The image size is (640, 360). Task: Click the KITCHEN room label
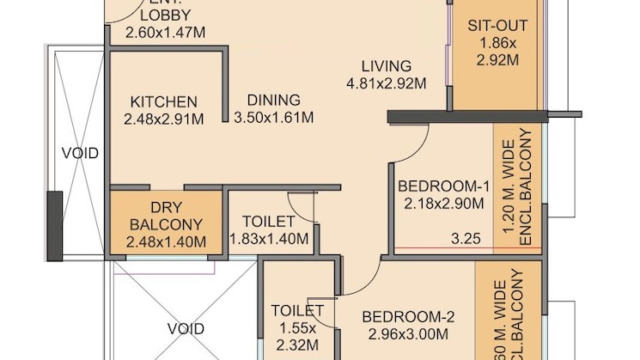click(164, 101)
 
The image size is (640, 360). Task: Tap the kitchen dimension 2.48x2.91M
click(164, 119)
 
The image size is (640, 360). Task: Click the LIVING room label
click(386, 66)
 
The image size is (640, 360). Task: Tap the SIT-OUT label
click(497, 25)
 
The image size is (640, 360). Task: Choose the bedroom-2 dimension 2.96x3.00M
click(408, 334)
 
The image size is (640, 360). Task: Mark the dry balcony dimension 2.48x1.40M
click(165, 242)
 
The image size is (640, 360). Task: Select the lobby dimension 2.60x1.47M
click(166, 34)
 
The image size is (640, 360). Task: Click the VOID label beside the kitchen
click(80, 154)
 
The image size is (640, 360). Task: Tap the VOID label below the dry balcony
click(186, 329)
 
